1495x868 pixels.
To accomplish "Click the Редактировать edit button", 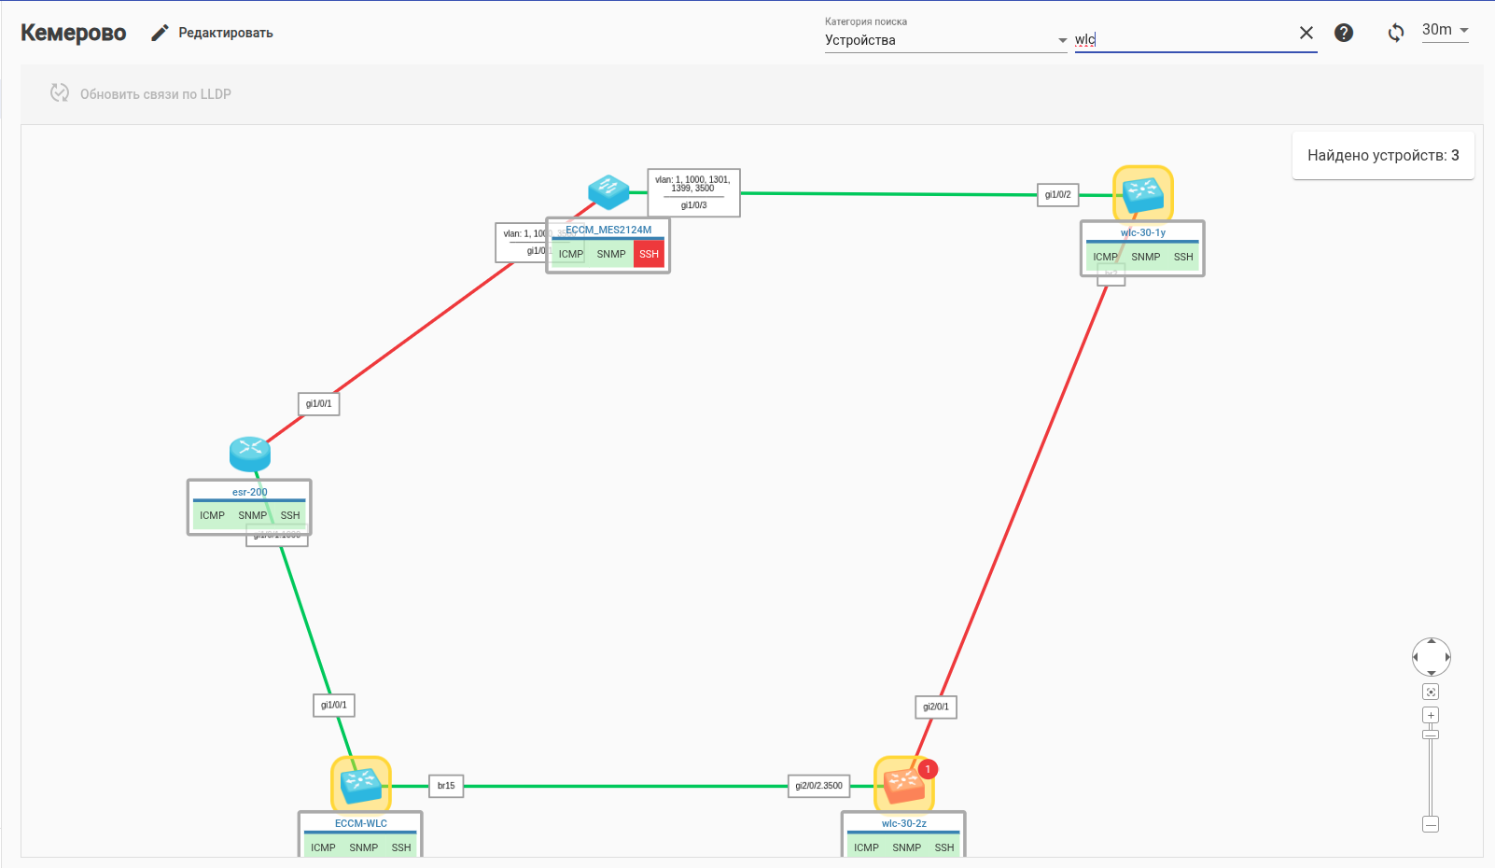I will [x=213, y=33].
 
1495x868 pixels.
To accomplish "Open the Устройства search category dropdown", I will [x=945, y=40].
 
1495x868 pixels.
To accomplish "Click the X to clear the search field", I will [x=1306, y=33].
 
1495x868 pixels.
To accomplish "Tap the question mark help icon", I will [x=1344, y=33].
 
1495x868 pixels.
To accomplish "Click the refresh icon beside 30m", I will [x=1396, y=33].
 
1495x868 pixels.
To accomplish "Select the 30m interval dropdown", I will [x=1445, y=30].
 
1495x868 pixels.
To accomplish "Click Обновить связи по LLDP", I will [x=141, y=93].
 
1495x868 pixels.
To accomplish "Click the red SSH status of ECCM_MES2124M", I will [x=649, y=254].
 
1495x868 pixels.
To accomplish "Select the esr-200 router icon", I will [x=250, y=454].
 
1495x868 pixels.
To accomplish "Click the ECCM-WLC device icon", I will [x=361, y=784].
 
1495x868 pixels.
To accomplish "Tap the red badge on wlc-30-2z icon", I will [x=928, y=769].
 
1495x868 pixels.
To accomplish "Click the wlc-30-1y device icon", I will [x=1143, y=194].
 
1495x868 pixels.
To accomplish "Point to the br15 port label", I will [x=446, y=786].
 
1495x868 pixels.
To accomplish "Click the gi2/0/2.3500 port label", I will [x=818, y=786].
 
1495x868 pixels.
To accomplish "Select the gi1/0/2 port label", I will [x=1057, y=195].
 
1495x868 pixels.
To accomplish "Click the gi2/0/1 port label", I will [x=936, y=707].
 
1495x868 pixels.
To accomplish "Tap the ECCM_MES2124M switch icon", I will [x=608, y=191].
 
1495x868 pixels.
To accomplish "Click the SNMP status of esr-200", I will [x=252, y=515].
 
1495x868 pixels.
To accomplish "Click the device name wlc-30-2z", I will [x=903, y=823].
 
